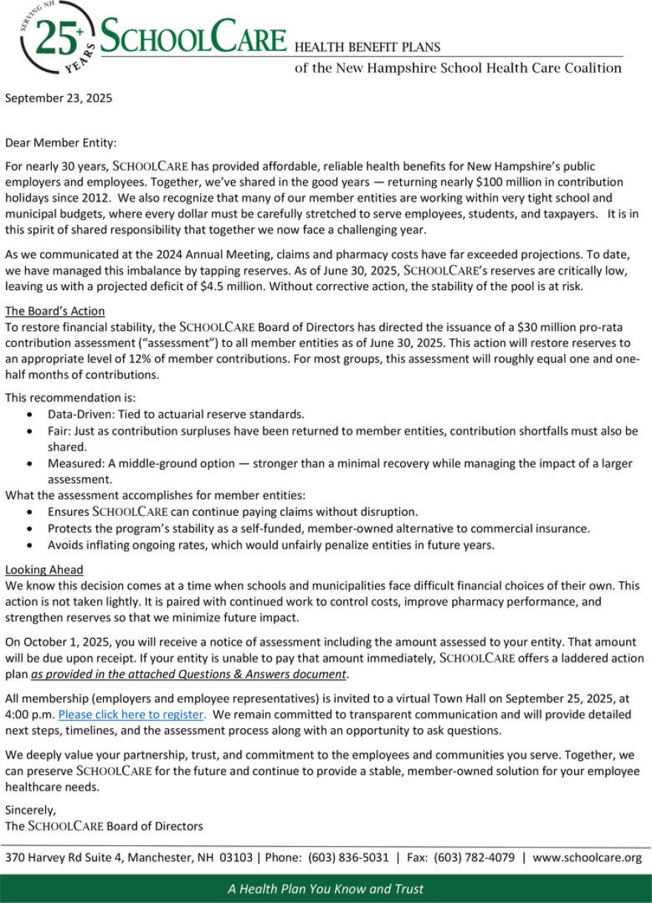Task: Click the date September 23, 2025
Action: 59,97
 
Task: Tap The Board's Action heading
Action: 55,311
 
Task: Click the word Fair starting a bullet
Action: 59,431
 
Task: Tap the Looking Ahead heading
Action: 44,569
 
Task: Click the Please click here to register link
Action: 130,714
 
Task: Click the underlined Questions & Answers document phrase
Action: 188,674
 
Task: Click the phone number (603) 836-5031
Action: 348,858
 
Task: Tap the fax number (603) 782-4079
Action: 474,858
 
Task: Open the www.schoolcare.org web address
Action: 587,858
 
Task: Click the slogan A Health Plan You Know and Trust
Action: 326,889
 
